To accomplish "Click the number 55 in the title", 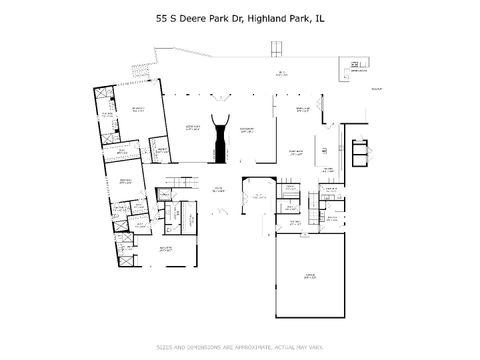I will (161, 17).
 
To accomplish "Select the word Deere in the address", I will (193, 17).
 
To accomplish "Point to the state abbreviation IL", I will (320, 17).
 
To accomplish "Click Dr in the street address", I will (238, 17).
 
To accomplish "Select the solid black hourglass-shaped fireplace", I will (220, 139).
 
